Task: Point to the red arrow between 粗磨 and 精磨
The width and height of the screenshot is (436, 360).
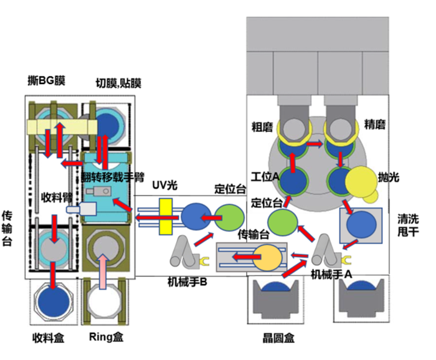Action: tap(315, 144)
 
